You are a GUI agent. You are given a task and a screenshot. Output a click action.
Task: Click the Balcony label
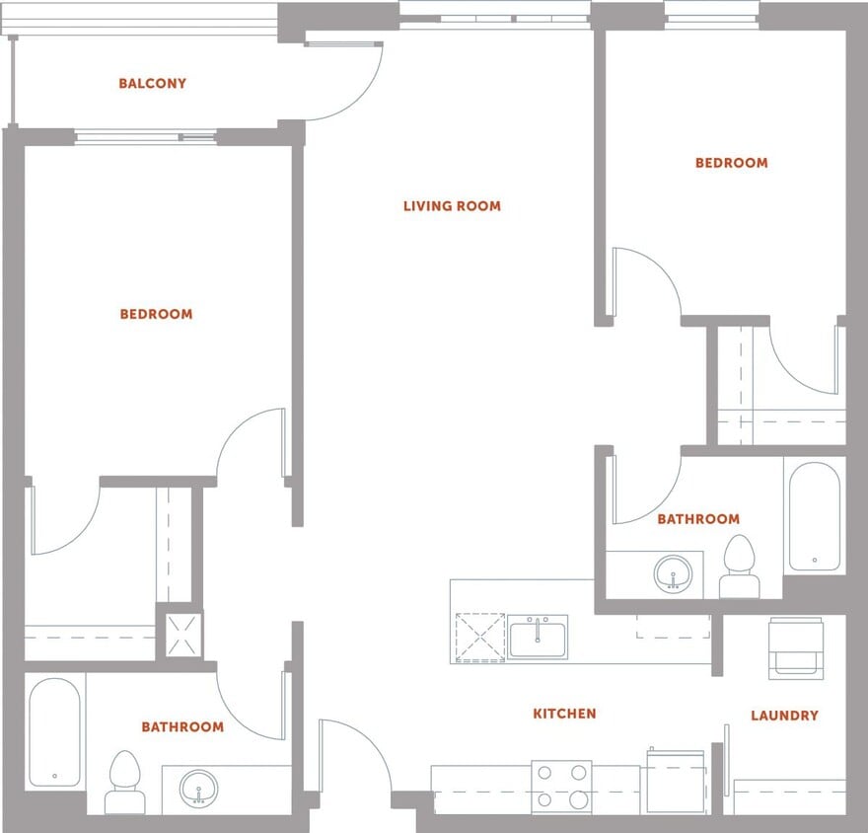click(x=152, y=84)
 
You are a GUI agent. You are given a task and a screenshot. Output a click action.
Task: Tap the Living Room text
click(x=452, y=206)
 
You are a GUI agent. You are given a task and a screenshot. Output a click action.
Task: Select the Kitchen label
click(x=564, y=714)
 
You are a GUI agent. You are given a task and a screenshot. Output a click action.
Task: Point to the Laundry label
click(x=784, y=716)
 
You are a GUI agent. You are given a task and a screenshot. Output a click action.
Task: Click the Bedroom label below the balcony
click(x=156, y=314)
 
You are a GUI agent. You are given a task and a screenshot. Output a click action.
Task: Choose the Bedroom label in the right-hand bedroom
click(x=731, y=163)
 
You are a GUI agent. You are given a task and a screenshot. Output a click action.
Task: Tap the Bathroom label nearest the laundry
click(x=698, y=519)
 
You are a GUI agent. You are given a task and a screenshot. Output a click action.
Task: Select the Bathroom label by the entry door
click(x=182, y=727)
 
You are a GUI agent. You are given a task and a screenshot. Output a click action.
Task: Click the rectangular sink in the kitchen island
click(x=537, y=637)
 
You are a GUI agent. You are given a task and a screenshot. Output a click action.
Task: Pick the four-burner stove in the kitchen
click(x=561, y=787)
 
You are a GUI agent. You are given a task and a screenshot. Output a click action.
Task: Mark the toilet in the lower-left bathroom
click(x=124, y=780)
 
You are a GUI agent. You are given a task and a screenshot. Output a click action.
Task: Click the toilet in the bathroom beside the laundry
click(x=739, y=567)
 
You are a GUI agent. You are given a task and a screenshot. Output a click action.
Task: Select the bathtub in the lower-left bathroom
click(x=54, y=731)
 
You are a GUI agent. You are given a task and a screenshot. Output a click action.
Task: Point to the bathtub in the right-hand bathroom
click(x=814, y=516)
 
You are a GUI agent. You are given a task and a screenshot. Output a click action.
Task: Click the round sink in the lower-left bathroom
click(x=199, y=789)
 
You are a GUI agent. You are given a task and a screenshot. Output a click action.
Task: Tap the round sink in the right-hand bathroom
click(x=675, y=572)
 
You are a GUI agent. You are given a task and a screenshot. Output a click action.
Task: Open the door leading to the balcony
click(x=343, y=79)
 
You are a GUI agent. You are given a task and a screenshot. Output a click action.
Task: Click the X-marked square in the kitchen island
click(x=479, y=638)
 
